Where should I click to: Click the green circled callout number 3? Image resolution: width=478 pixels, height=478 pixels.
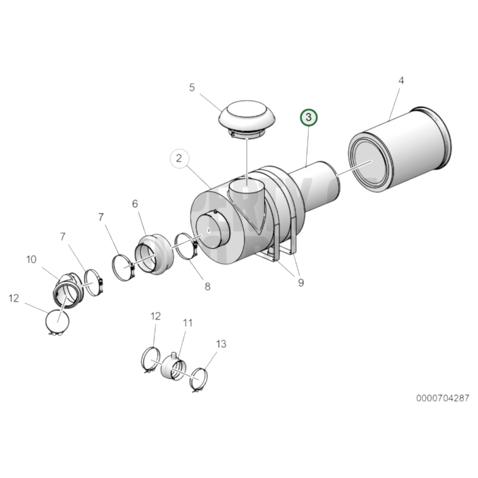(308, 117)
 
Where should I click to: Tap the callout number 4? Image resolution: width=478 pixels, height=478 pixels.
(401, 81)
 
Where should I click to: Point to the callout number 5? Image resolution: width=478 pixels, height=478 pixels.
(192, 88)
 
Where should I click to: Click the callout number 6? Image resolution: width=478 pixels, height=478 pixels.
(135, 204)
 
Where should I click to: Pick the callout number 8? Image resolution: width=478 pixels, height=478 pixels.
(207, 286)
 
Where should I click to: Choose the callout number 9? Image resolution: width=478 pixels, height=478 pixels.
(301, 283)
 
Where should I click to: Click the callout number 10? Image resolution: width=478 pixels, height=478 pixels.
(31, 260)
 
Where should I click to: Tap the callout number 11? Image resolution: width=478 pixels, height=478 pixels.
(188, 323)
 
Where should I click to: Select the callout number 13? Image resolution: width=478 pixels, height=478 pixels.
(221, 344)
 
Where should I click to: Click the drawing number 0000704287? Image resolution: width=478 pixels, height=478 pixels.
(442, 398)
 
